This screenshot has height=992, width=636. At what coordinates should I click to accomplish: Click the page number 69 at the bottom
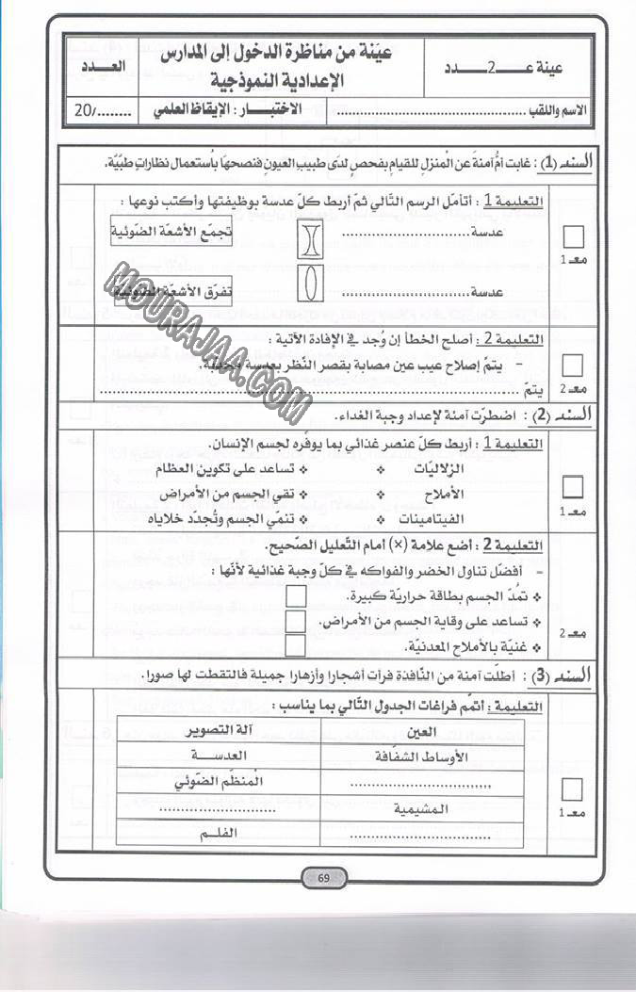pos(322,879)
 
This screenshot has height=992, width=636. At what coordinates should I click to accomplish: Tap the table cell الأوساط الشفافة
pos(416,756)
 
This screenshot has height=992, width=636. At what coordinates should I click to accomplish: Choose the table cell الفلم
pos(218,834)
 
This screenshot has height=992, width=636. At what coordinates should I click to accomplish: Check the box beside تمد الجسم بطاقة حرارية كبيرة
pos(295,596)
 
